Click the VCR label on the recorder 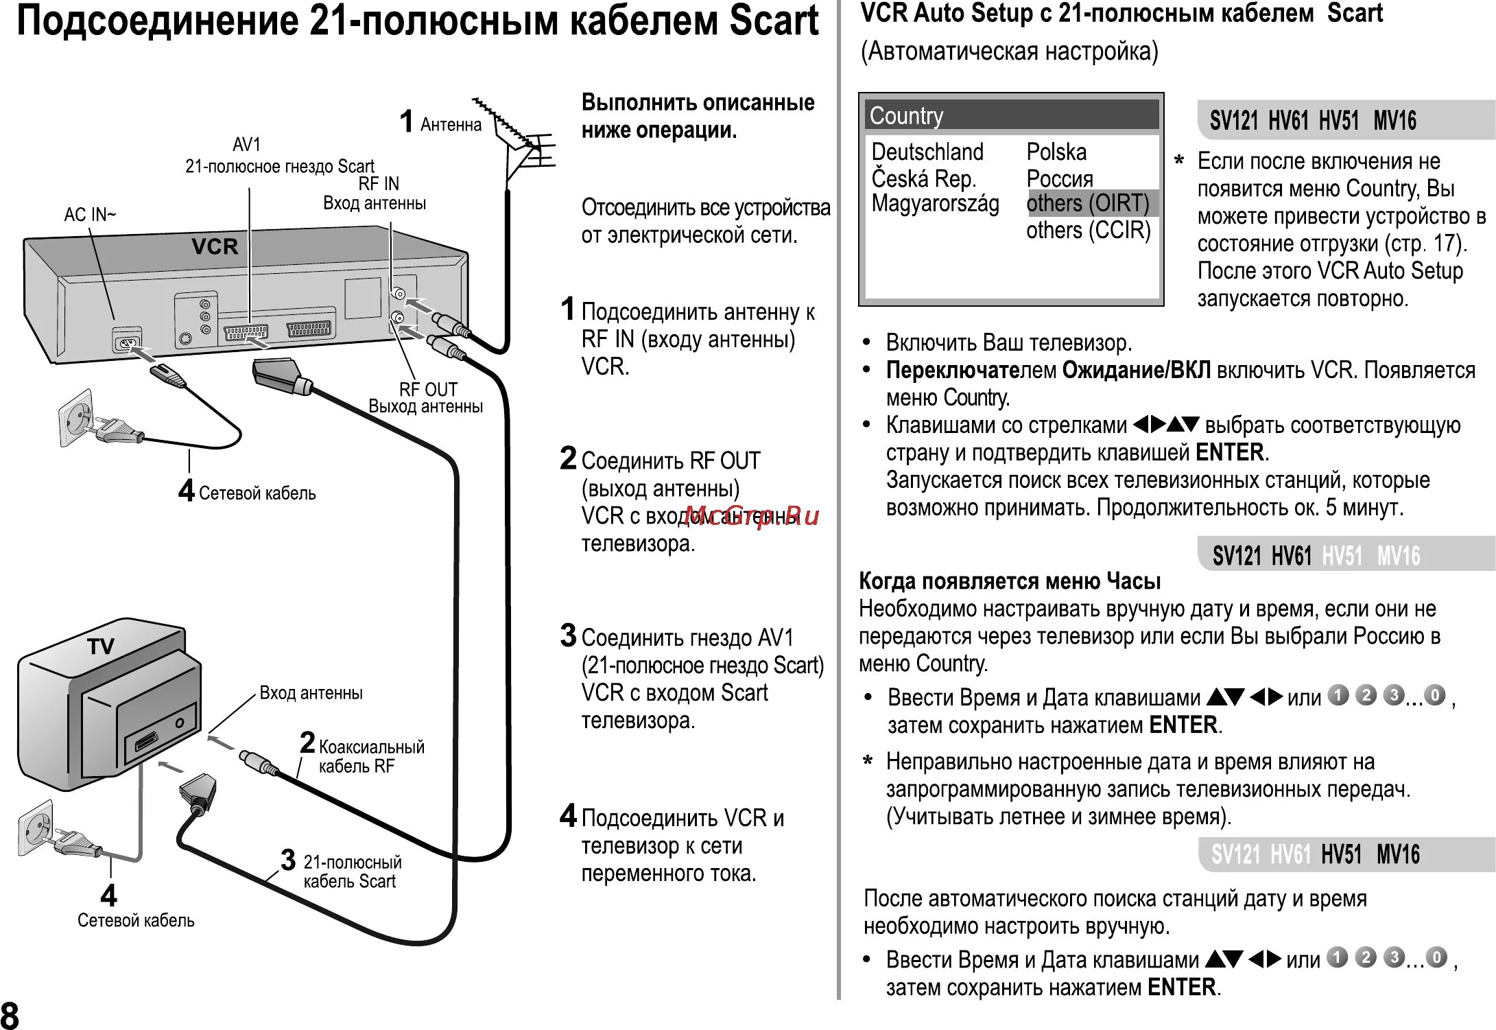coord(215,246)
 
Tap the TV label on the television coord(101,646)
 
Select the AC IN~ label coord(90,215)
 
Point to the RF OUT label coord(428,389)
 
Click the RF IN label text coord(379,184)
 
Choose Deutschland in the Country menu coord(927,152)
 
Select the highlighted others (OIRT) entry coord(1087,203)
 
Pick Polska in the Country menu coord(1056,152)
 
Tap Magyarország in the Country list coord(935,204)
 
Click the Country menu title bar coord(1011,115)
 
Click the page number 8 coord(10,1014)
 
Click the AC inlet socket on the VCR coord(128,342)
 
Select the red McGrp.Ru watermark coord(752,515)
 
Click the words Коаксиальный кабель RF coord(370,756)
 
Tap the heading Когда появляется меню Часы coord(1010,581)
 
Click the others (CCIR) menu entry coord(1088,231)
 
